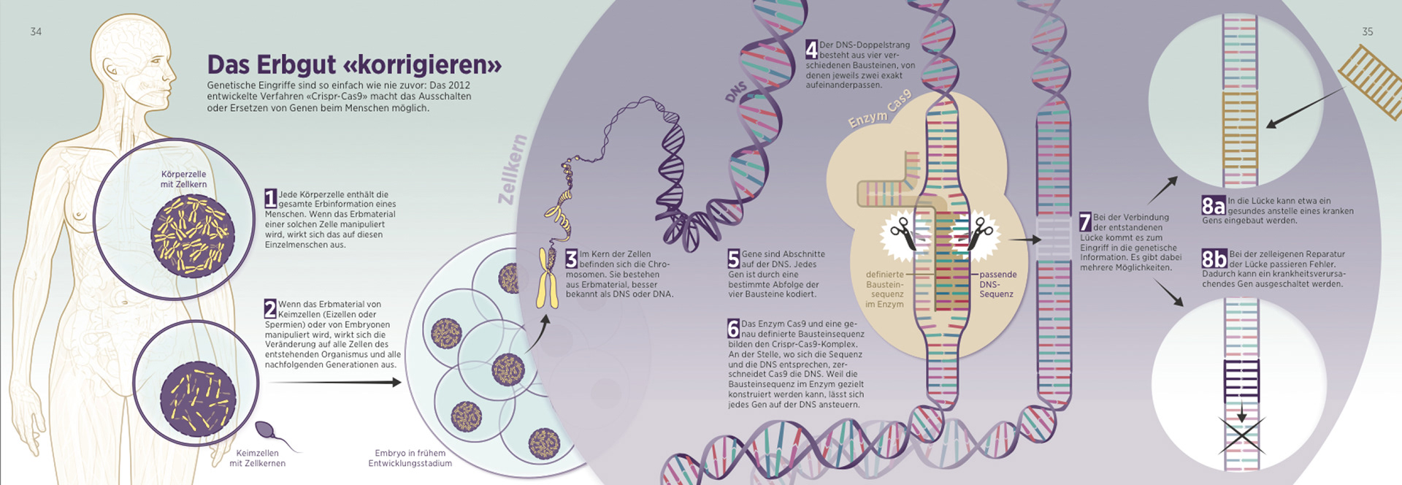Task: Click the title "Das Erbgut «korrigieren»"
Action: coord(354,65)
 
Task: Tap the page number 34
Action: coord(36,31)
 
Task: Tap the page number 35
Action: coord(1367,31)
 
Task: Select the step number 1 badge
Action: coord(271,198)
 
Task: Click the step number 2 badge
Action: coord(270,308)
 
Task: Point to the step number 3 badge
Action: coord(572,259)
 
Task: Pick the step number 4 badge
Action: coord(811,49)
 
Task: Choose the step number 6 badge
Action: coord(734,328)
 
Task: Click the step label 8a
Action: coord(1214,206)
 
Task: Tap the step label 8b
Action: coord(1214,259)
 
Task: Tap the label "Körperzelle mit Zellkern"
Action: coord(183,179)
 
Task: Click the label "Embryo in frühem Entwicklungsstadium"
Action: coord(410,458)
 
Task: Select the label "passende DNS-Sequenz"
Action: coord(997,284)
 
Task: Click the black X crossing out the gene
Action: coord(1241,434)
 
